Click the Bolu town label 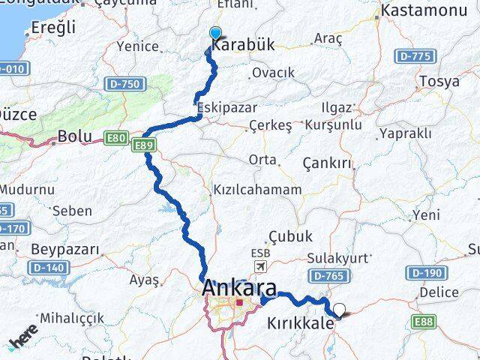pyautogui.click(x=74, y=137)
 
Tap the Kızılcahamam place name pyautogui.click(x=257, y=190)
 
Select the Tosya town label pyautogui.click(x=439, y=81)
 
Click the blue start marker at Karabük pyautogui.click(x=216, y=33)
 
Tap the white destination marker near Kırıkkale pyautogui.click(x=340, y=308)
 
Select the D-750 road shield pyautogui.click(x=121, y=85)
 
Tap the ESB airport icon pyautogui.click(x=260, y=266)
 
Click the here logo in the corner pyautogui.click(x=22, y=341)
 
